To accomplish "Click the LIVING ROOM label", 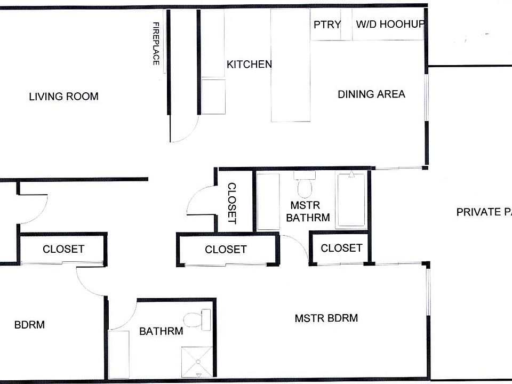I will pyautogui.click(x=63, y=97).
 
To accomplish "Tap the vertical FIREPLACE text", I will pyautogui.click(x=156, y=44).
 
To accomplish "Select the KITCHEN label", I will pyautogui.click(x=249, y=65).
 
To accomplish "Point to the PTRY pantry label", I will pyautogui.click(x=327, y=24).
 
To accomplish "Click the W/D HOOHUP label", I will pyautogui.click(x=390, y=24).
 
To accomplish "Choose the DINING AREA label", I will pyautogui.click(x=371, y=94).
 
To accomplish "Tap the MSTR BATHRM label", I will pyautogui.click(x=308, y=211).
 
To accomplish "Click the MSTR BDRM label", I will pyautogui.click(x=326, y=318).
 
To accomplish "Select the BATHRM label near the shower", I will pyautogui.click(x=161, y=331).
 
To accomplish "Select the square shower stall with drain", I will pyautogui.click(x=197, y=363).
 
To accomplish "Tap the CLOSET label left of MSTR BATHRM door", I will pyautogui.click(x=226, y=249).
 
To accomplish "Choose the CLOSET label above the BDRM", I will pyautogui.click(x=63, y=249).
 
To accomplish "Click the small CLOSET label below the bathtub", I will pyautogui.click(x=341, y=247).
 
